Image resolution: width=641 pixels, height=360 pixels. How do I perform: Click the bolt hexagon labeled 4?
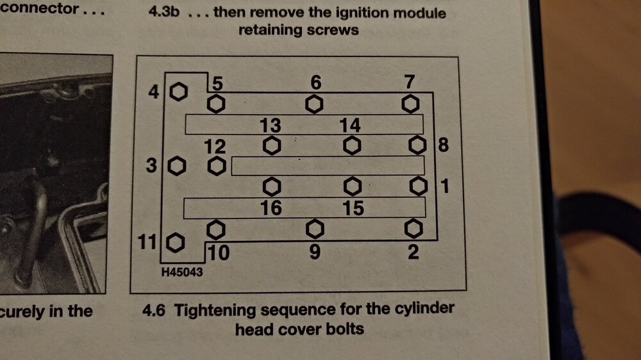point(179,92)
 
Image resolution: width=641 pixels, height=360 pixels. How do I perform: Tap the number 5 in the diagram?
point(217,83)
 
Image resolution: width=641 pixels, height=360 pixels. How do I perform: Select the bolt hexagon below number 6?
point(314,104)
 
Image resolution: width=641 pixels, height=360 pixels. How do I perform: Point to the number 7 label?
point(410,82)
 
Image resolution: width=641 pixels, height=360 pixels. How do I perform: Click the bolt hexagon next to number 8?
point(417,145)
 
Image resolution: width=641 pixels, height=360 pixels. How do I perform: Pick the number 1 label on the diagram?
point(445,186)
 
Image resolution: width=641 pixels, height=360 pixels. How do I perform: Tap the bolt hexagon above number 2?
point(413,229)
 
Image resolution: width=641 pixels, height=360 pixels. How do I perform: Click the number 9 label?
point(314,251)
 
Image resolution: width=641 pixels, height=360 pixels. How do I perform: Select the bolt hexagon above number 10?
point(216,230)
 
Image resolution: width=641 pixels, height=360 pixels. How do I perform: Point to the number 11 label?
point(147,242)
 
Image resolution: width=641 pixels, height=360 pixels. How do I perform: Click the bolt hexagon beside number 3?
point(177,166)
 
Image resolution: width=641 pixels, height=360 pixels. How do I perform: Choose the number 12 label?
point(215,146)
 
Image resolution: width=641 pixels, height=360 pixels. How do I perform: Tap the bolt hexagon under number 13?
point(272,145)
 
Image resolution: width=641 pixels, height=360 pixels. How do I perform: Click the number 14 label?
point(349,125)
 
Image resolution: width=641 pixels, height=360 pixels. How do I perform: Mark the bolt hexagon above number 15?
point(352,187)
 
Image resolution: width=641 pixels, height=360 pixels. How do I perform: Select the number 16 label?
point(271,208)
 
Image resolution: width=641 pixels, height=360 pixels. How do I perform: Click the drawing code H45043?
point(182,272)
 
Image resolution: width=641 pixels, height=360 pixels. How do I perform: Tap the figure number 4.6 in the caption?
point(154,311)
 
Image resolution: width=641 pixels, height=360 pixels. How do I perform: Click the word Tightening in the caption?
point(215,311)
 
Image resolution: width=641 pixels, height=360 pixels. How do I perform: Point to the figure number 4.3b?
point(164,11)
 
